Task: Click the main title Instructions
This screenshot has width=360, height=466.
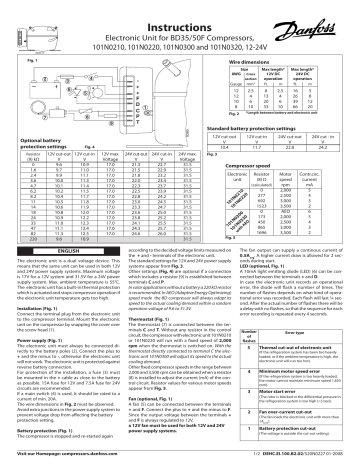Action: click(x=180, y=9)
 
